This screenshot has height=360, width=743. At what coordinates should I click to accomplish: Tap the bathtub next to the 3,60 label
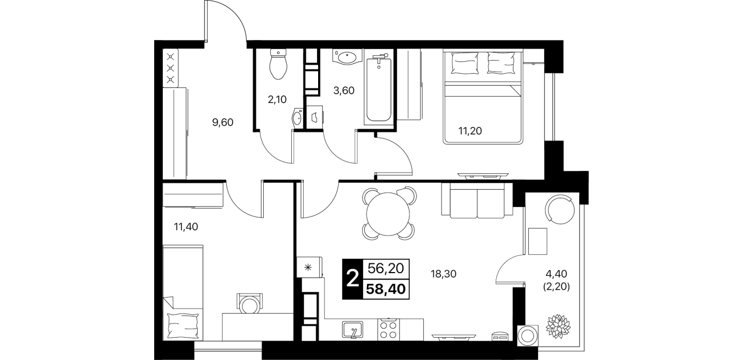click(x=379, y=87)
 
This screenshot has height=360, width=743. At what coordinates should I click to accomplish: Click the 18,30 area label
click(x=444, y=274)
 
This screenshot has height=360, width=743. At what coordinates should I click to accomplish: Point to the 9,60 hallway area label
click(x=223, y=122)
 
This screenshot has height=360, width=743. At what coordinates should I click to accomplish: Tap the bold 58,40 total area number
click(x=385, y=289)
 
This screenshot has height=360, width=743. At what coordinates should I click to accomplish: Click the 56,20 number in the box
click(x=385, y=268)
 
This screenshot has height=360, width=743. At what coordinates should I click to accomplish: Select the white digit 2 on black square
click(x=352, y=279)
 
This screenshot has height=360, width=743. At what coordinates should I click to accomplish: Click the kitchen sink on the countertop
click(x=352, y=330)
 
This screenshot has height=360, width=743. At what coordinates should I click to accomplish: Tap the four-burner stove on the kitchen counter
click(x=388, y=330)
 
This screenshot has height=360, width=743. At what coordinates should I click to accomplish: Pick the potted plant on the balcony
click(x=558, y=326)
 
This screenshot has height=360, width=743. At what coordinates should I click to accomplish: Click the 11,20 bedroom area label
click(x=470, y=131)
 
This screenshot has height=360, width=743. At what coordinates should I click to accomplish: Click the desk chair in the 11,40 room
click(x=249, y=303)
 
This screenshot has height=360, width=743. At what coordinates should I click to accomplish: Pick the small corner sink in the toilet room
click(x=297, y=118)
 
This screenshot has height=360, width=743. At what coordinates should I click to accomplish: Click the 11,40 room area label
click(x=186, y=227)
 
